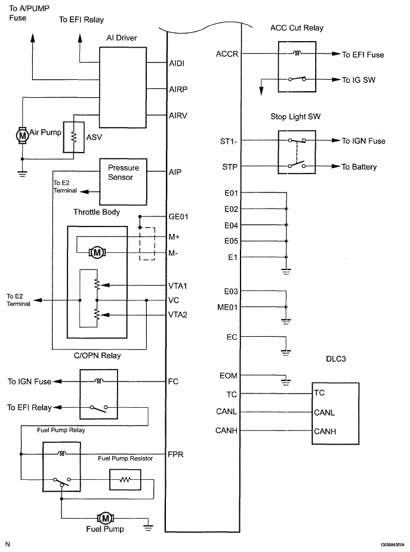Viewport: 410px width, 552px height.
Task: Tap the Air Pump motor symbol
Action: pos(22,135)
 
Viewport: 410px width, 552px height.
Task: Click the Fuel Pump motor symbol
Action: pos(105,518)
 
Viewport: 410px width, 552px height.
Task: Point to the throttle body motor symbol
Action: pos(97,252)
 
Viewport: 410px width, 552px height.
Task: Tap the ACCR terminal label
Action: pos(227,54)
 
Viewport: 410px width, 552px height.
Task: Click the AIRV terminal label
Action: pos(178,116)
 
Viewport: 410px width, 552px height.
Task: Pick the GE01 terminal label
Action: pos(178,216)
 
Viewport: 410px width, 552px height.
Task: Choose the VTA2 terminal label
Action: pos(178,315)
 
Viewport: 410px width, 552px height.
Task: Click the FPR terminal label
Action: pos(175,454)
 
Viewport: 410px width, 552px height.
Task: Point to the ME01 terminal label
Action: pos(227,308)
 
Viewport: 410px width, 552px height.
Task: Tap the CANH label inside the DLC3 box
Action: pos(325,431)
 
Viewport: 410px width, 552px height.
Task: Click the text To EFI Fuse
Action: pos(363,55)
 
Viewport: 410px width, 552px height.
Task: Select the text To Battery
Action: pos(359,167)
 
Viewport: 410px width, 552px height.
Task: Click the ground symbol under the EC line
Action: pos(286,352)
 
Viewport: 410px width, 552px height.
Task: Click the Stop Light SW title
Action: pos(295,116)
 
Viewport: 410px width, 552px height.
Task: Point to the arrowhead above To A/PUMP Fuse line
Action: pos(32,38)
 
